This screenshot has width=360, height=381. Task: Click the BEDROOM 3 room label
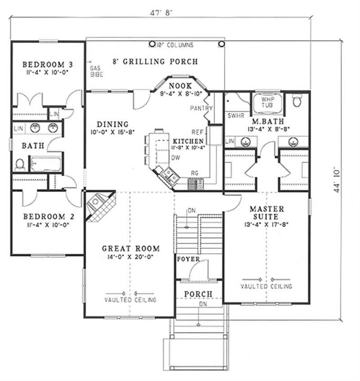click(x=48, y=65)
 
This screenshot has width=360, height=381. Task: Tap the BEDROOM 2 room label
click(x=47, y=216)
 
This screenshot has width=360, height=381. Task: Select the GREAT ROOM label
click(x=131, y=248)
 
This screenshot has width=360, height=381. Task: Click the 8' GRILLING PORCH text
click(x=156, y=62)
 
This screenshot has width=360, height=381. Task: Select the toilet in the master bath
click(x=297, y=101)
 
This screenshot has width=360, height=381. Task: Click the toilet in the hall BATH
click(x=20, y=164)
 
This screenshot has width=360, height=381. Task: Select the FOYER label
click(x=187, y=259)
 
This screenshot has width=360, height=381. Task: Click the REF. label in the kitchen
click(x=197, y=132)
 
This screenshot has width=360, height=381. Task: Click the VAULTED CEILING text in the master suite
click(x=266, y=286)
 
